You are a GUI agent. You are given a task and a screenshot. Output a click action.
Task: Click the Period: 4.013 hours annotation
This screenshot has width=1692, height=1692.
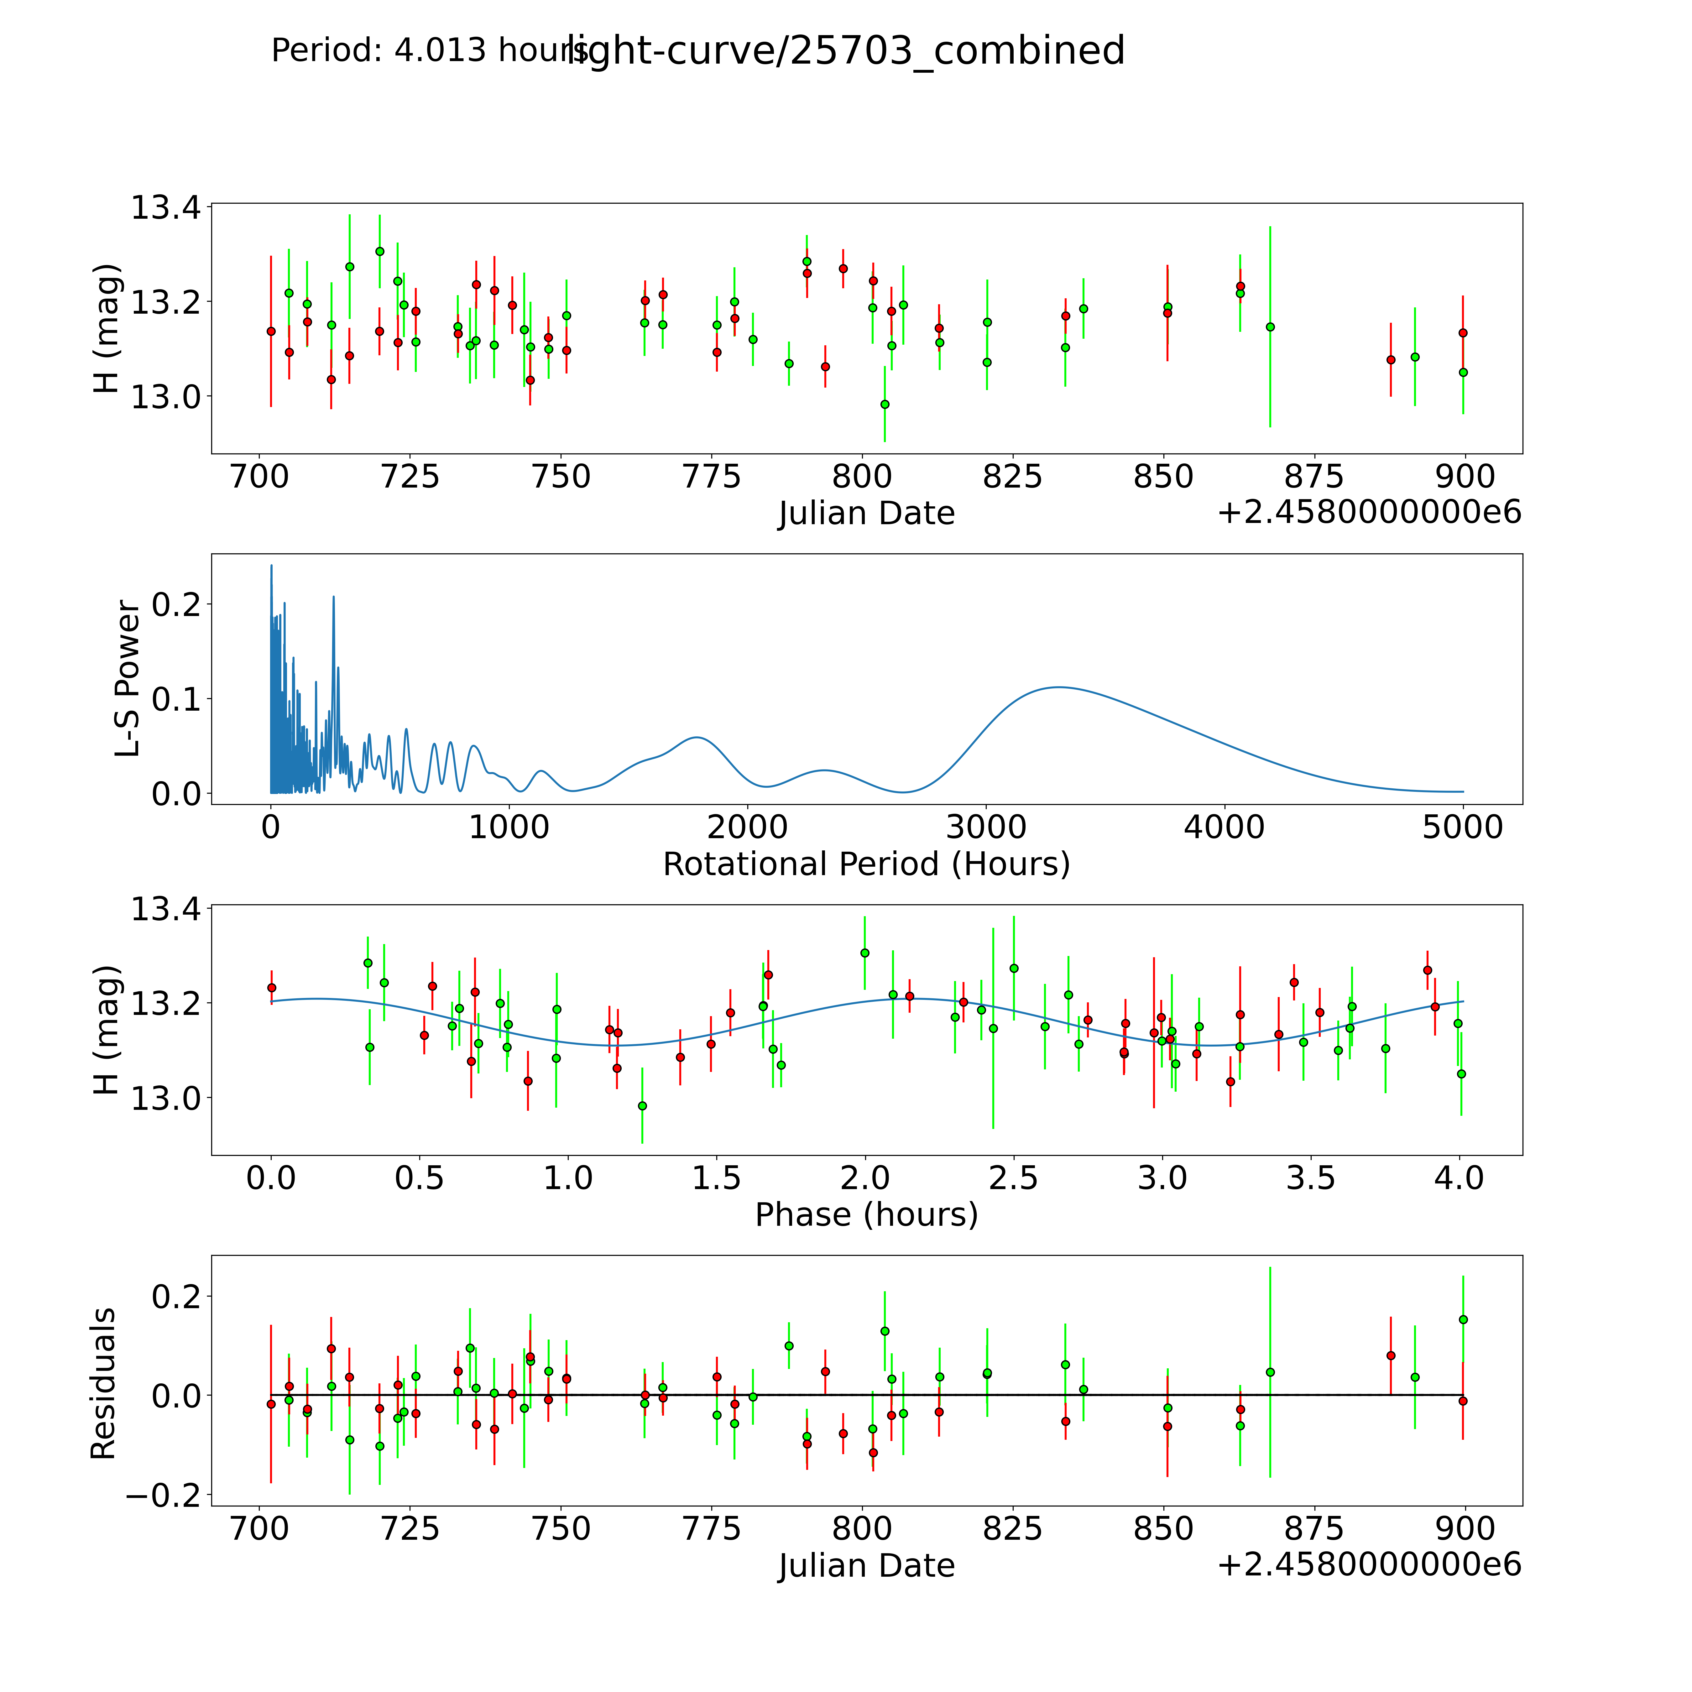point(429,51)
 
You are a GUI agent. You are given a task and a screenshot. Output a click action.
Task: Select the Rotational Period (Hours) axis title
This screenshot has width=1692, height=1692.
point(866,864)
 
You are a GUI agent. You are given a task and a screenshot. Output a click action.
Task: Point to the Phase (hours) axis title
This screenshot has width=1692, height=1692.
point(866,1215)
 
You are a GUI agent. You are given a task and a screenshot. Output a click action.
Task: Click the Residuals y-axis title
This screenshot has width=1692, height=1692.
point(103,1384)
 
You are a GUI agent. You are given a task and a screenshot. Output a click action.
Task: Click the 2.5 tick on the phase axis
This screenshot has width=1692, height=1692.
point(1013,1178)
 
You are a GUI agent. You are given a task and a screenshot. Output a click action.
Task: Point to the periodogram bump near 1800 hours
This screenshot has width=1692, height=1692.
point(696,737)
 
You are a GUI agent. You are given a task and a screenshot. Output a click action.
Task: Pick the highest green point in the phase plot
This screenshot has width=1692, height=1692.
point(864,953)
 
